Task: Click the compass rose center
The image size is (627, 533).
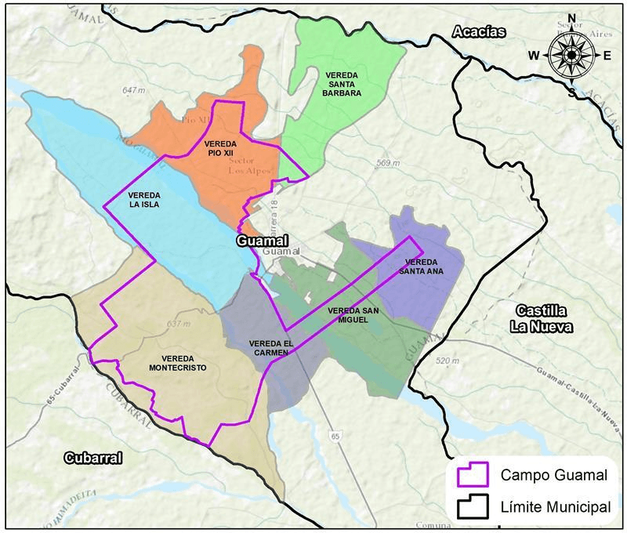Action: point(571,56)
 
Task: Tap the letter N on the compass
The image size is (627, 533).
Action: point(571,18)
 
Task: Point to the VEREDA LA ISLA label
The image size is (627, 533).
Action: point(144,200)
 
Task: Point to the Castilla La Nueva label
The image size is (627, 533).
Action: point(540,318)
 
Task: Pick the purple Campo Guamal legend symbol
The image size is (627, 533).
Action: point(473,475)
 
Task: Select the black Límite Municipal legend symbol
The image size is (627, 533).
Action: point(473,507)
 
